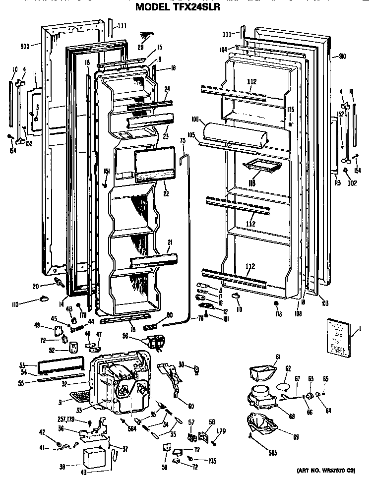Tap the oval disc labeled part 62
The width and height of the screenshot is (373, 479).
283,382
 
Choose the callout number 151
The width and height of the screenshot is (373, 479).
106,172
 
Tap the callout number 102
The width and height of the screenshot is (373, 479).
352,181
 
